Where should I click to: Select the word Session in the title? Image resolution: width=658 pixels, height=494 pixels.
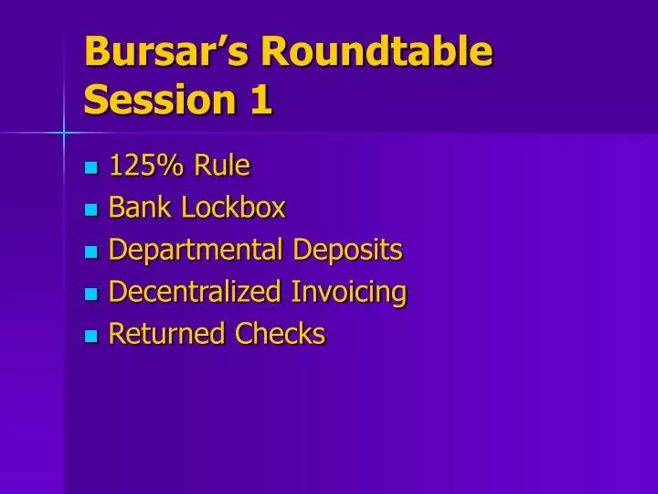[156, 99]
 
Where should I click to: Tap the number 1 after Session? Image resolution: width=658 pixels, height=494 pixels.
[260, 99]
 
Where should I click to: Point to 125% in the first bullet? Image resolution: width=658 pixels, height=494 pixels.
[146, 166]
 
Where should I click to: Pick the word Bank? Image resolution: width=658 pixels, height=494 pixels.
[141, 208]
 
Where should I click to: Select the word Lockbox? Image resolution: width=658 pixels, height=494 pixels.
[233, 208]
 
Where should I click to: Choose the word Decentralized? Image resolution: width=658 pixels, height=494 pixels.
[195, 292]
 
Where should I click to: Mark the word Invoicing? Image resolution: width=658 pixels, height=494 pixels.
[349, 293]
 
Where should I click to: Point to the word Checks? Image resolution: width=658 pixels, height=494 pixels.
[280, 334]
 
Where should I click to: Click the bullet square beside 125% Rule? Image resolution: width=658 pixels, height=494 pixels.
[90, 167]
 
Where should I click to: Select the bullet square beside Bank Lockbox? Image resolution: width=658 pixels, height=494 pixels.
[90, 209]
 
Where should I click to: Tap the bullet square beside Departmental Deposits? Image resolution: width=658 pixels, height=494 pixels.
[90, 252]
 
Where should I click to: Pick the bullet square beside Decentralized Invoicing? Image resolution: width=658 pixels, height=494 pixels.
[90, 294]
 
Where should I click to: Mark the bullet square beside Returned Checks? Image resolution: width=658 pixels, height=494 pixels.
[90, 336]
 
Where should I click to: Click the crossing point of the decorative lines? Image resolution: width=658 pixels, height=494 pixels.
[64, 134]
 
